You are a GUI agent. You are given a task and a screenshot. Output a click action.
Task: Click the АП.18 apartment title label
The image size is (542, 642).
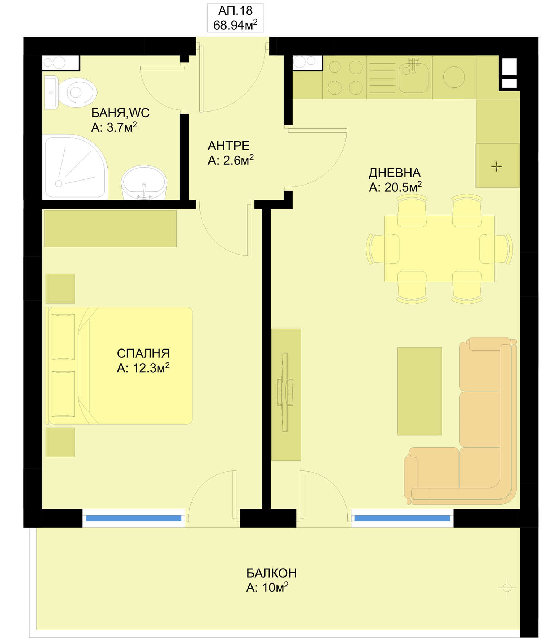[235, 11]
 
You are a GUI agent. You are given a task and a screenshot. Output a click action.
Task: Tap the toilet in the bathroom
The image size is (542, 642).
[70, 92]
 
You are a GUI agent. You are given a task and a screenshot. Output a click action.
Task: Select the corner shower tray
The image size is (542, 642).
[75, 167]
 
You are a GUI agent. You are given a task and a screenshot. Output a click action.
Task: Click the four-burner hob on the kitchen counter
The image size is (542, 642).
[345, 77]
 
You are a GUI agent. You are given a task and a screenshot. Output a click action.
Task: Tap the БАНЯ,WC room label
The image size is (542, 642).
[120, 113]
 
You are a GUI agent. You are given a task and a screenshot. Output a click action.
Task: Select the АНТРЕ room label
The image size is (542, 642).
[228, 146]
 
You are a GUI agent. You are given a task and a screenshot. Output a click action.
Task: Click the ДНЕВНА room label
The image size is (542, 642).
[395, 173]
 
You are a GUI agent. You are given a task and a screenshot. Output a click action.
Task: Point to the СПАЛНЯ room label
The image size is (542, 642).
[143, 353]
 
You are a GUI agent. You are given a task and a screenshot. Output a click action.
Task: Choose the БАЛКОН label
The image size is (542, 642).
[271, 573]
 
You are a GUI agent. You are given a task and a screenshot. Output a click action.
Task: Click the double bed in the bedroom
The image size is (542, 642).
[119, 365]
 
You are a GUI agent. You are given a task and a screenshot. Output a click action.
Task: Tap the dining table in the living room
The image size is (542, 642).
[439, 248]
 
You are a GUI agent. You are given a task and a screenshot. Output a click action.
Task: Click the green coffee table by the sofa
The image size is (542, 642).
[420, 391]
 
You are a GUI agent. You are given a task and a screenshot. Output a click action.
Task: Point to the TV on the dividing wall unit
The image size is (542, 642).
[285, 392]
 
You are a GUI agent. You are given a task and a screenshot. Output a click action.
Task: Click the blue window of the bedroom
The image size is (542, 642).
[133, 518]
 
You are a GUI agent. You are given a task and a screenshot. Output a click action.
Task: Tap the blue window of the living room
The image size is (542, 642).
[402, 518]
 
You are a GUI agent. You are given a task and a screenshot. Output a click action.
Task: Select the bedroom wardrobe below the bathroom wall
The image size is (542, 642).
[111, 229]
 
